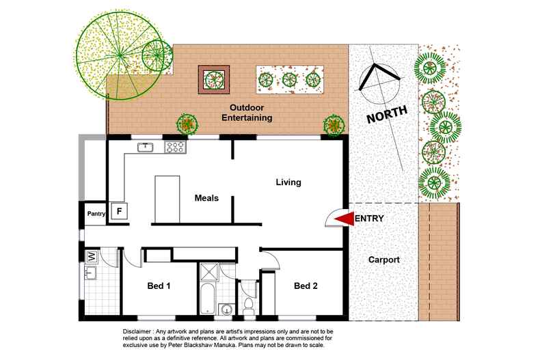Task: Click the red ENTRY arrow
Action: tap(345, 219)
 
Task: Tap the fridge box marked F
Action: tap(119, 210)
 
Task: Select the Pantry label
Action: tap(96, 214)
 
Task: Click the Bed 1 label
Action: tap(159, 286)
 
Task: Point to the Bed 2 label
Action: tap(306, 286)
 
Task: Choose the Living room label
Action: tap(288, 182)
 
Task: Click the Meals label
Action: tap(206, 198)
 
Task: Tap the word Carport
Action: tap(383, 260)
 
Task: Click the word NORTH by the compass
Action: tap(387, 115)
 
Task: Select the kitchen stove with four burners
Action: tap(175, 148)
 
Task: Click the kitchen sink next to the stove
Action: tap(146, 148)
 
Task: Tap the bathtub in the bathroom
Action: tap(208, 298)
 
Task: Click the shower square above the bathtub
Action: tap(209, 273)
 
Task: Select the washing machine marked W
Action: tap(92, 257)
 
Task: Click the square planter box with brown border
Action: tap(214, 79)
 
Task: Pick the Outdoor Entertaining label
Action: tap(247, 113)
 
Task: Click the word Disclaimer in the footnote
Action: tap(137, 332)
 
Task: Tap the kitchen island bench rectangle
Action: tap(167, 199)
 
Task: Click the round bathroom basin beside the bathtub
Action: tap(227, 309)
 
